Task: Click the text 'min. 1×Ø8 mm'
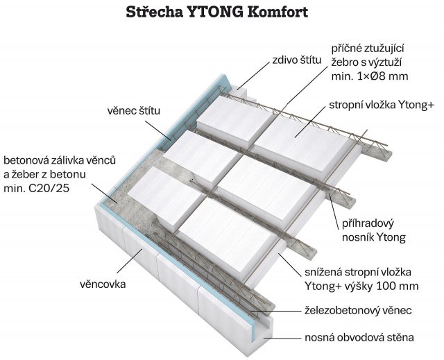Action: tap(368, 76)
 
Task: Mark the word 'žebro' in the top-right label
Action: tap(345, 62)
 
